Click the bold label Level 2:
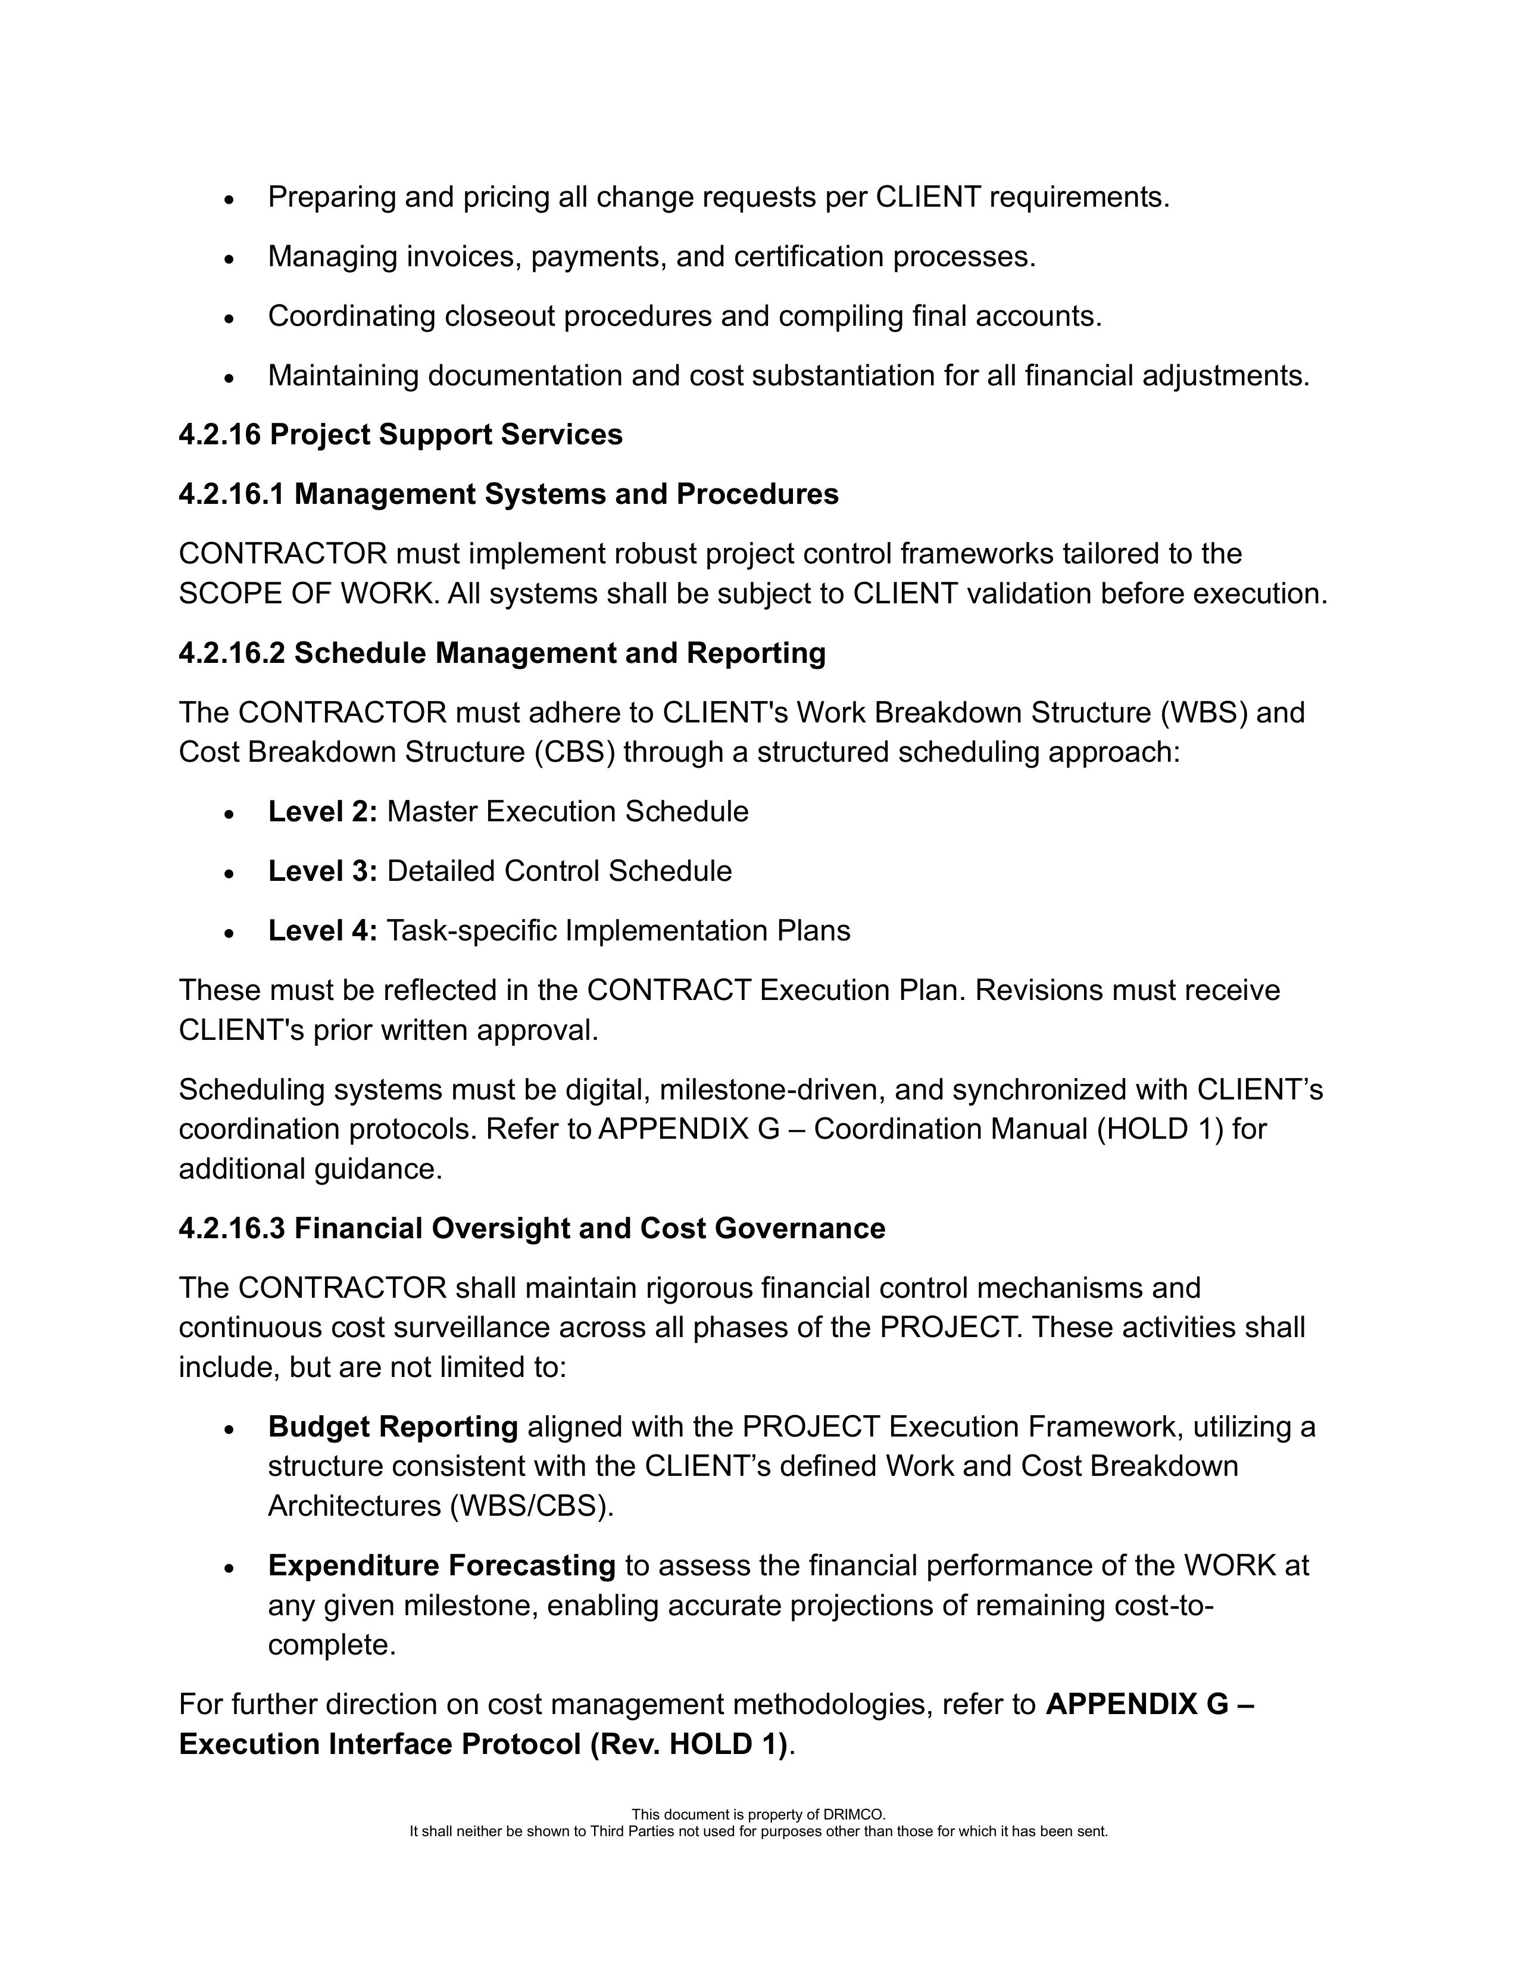(322, 812)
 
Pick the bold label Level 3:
(322, 871)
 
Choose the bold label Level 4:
(322, 931)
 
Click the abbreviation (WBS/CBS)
(531, 1506)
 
